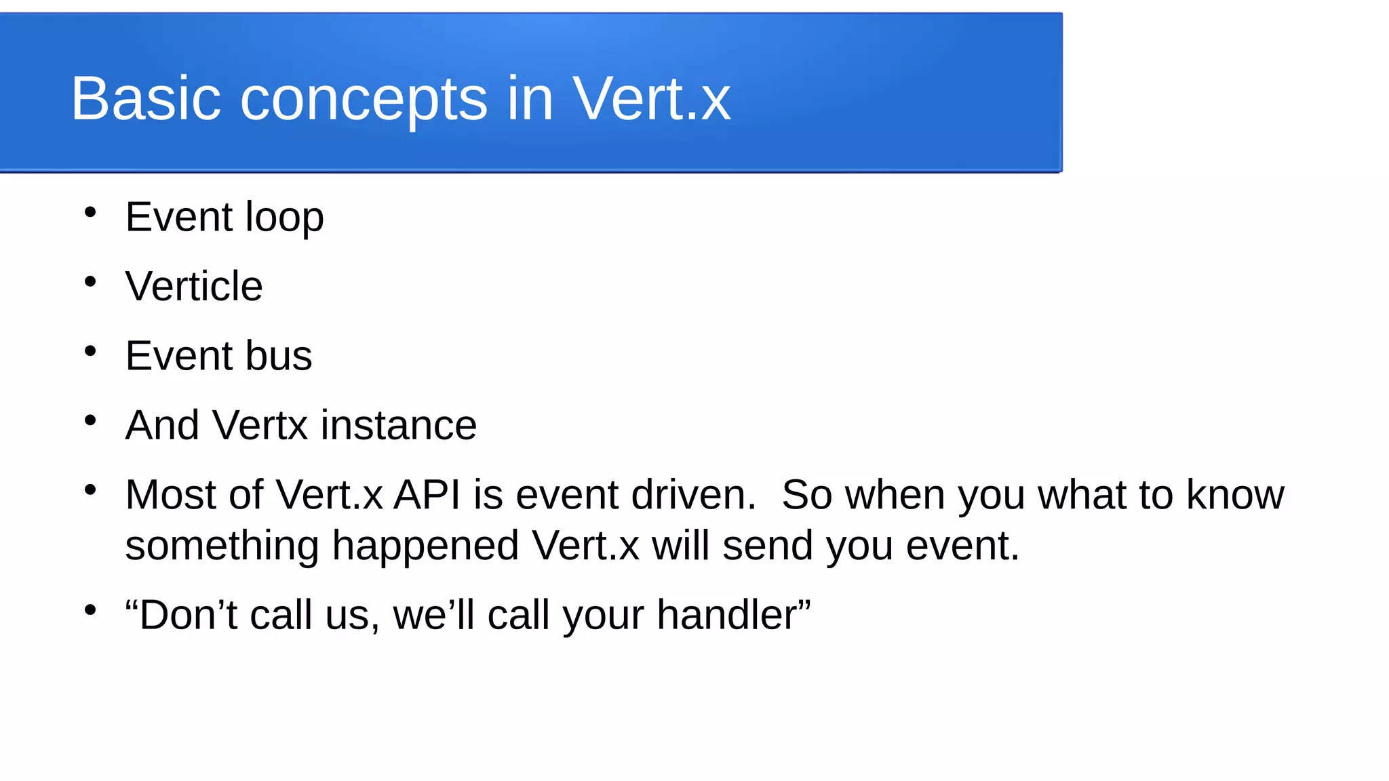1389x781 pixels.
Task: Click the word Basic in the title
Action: click(x=146, y=99)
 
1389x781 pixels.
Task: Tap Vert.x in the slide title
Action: click(x=652, y=99)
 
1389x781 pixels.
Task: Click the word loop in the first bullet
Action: click(x=284, y=218)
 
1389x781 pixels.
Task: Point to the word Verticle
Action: click(x=194, y=286)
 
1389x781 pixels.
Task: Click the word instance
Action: click(x=399, y=425)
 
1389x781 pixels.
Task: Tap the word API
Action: click(x=427, y=494)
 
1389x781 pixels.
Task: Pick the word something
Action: click(x=222, y=546)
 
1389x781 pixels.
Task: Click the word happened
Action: click(x=425, y=546)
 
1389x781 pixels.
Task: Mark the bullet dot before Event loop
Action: click(x=90, y=213)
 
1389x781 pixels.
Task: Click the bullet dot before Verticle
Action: click(x=90, y=282)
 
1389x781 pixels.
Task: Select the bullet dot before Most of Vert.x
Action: click(x=90, y=489)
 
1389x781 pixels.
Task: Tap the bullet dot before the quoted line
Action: click(x=90, y=610)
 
